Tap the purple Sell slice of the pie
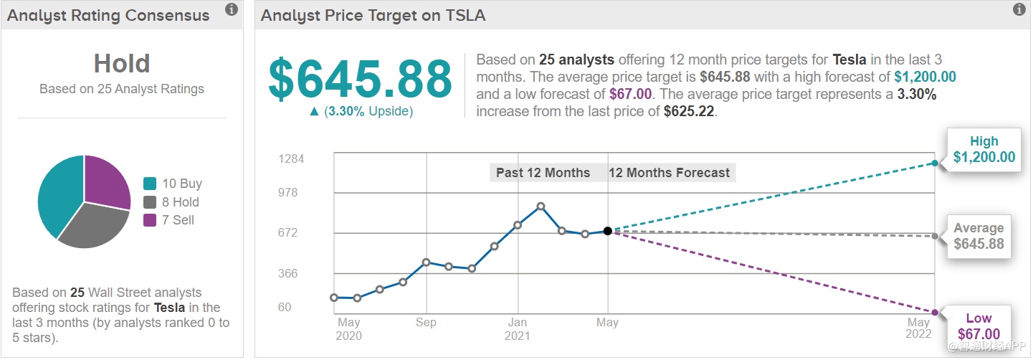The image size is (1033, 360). point(108,179)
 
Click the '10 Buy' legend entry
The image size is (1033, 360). point(173,184)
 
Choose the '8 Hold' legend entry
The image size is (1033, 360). point(171,202)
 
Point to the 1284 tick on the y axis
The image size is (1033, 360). point(292,158)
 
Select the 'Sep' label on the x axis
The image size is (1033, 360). point(426,323)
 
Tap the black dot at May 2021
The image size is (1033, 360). point(608,231)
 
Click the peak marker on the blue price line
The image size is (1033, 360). point(541,207)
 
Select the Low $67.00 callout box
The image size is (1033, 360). point(979,326)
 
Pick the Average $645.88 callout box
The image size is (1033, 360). point(979,236)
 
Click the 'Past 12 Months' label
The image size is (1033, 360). point(543,173)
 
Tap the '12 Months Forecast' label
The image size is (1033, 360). point(669,173)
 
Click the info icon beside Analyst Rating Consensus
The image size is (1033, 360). point(231,9)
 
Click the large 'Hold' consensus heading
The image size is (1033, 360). point(122,64)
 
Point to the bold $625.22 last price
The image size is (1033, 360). point(689,111)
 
